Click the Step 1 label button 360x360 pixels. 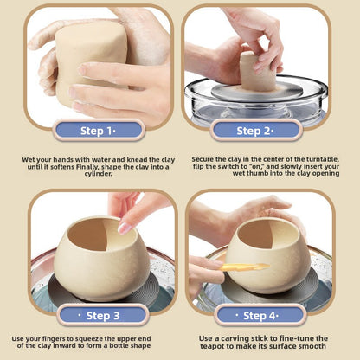[x=98, y=131]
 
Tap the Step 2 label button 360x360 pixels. [x=255, y=131]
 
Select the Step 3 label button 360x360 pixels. [x=103, y=315]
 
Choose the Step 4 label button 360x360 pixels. [x=260, y=316]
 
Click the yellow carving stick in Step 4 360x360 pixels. [x=245, y=267]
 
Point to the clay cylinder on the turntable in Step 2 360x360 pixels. [x=258, y=72]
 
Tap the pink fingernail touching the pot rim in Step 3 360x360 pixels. [x=125, y=228]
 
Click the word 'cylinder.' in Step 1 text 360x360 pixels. [x=98, y=174]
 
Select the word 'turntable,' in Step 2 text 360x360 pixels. [x=323, y=159]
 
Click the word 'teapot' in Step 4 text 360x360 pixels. [x=209, y=346]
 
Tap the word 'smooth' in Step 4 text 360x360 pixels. [x=315, y=346]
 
